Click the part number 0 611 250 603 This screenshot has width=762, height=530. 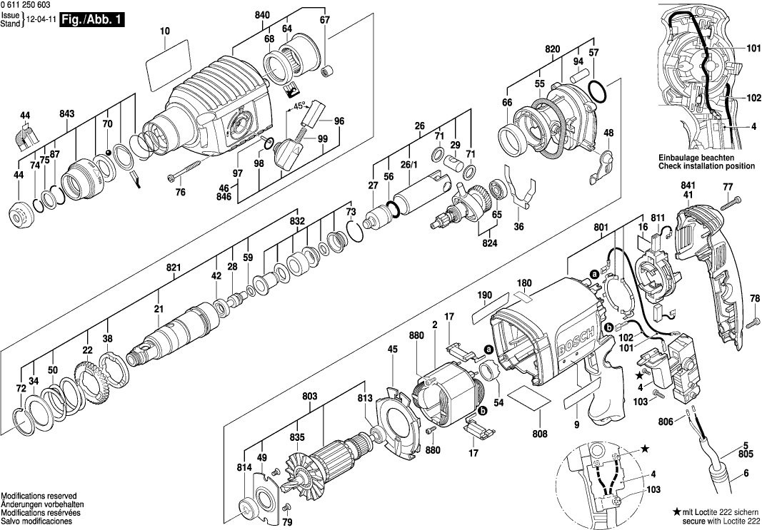click(x=31, y=6)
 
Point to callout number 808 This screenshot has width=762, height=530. click(x=540, y=434)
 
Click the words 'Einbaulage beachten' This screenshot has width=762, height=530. click(x=696, y=157)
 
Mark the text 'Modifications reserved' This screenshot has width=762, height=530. click(x=39, y=496)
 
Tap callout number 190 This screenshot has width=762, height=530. click(x=485, y=295)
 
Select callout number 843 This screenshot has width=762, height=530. click(x=68, y=114)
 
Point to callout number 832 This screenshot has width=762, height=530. click(x=298, y=222)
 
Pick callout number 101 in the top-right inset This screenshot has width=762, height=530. click(x=753, y=49)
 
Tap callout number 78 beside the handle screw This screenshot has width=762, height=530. click(x=755, y=298)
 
